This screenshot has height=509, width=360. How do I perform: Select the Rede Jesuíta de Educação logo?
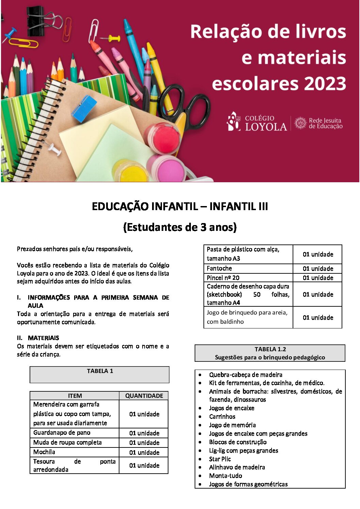click(318, 123)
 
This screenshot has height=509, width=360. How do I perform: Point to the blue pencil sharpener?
click(84, 108)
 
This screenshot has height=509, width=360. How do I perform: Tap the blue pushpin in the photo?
click(10, 34)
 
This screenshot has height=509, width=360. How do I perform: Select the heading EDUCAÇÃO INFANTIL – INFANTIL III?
click(180, 206)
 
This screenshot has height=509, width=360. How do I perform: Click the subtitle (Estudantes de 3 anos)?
click(180, 227)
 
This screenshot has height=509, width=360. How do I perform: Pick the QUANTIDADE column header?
click(144, 396)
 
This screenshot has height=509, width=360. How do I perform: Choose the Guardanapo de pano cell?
click(62, 432)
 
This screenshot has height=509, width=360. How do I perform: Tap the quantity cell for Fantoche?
click(318, 269)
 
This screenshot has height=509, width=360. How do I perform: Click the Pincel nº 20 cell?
click(223, 277)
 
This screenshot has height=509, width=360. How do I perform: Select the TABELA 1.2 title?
click(270, 349)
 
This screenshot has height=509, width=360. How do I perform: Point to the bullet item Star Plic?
click(220, 459)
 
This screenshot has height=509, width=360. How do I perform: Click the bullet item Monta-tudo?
click(226, 476)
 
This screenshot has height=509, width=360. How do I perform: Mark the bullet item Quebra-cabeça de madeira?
click(246, 375)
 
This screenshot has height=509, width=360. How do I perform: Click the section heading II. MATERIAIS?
click(38, 338)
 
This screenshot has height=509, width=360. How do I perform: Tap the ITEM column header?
click(75, 396)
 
